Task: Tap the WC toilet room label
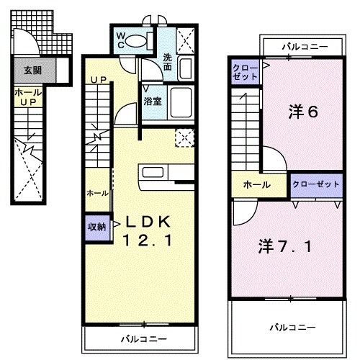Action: [x=120, y=40]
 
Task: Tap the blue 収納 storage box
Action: [x=96, y=227]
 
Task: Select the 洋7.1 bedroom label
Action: [x=287, y=247]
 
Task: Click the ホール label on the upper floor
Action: [x=256, y=184]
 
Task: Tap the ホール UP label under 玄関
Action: [x=26, y=97]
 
